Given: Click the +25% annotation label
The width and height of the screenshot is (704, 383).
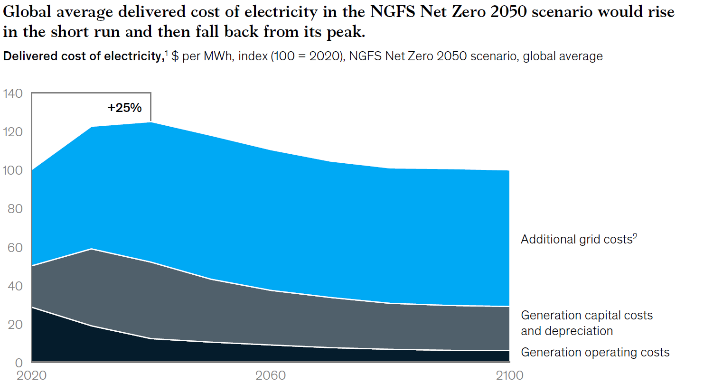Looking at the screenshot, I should (124, 108).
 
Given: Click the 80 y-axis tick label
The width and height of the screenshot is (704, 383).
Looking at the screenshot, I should (15, 209).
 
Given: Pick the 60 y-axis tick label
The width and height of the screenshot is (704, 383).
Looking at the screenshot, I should (15, 247).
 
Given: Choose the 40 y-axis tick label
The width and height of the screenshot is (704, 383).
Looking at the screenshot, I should (15, 286).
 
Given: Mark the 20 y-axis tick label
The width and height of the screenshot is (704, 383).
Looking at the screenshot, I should (15, 325).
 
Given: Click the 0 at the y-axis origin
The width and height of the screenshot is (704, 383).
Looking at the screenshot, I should (19, 363).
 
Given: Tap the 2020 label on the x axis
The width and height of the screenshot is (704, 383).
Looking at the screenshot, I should (32, 375).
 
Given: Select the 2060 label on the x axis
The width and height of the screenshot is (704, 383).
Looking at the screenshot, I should (270, 375).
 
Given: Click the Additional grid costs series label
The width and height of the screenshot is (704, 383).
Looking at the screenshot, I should (575, 240).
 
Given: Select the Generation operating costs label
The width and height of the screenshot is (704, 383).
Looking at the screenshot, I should (595, 352).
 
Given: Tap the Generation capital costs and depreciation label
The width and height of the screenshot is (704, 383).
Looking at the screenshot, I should (587, 323).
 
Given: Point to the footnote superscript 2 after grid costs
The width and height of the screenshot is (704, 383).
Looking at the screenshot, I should (634, 236).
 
